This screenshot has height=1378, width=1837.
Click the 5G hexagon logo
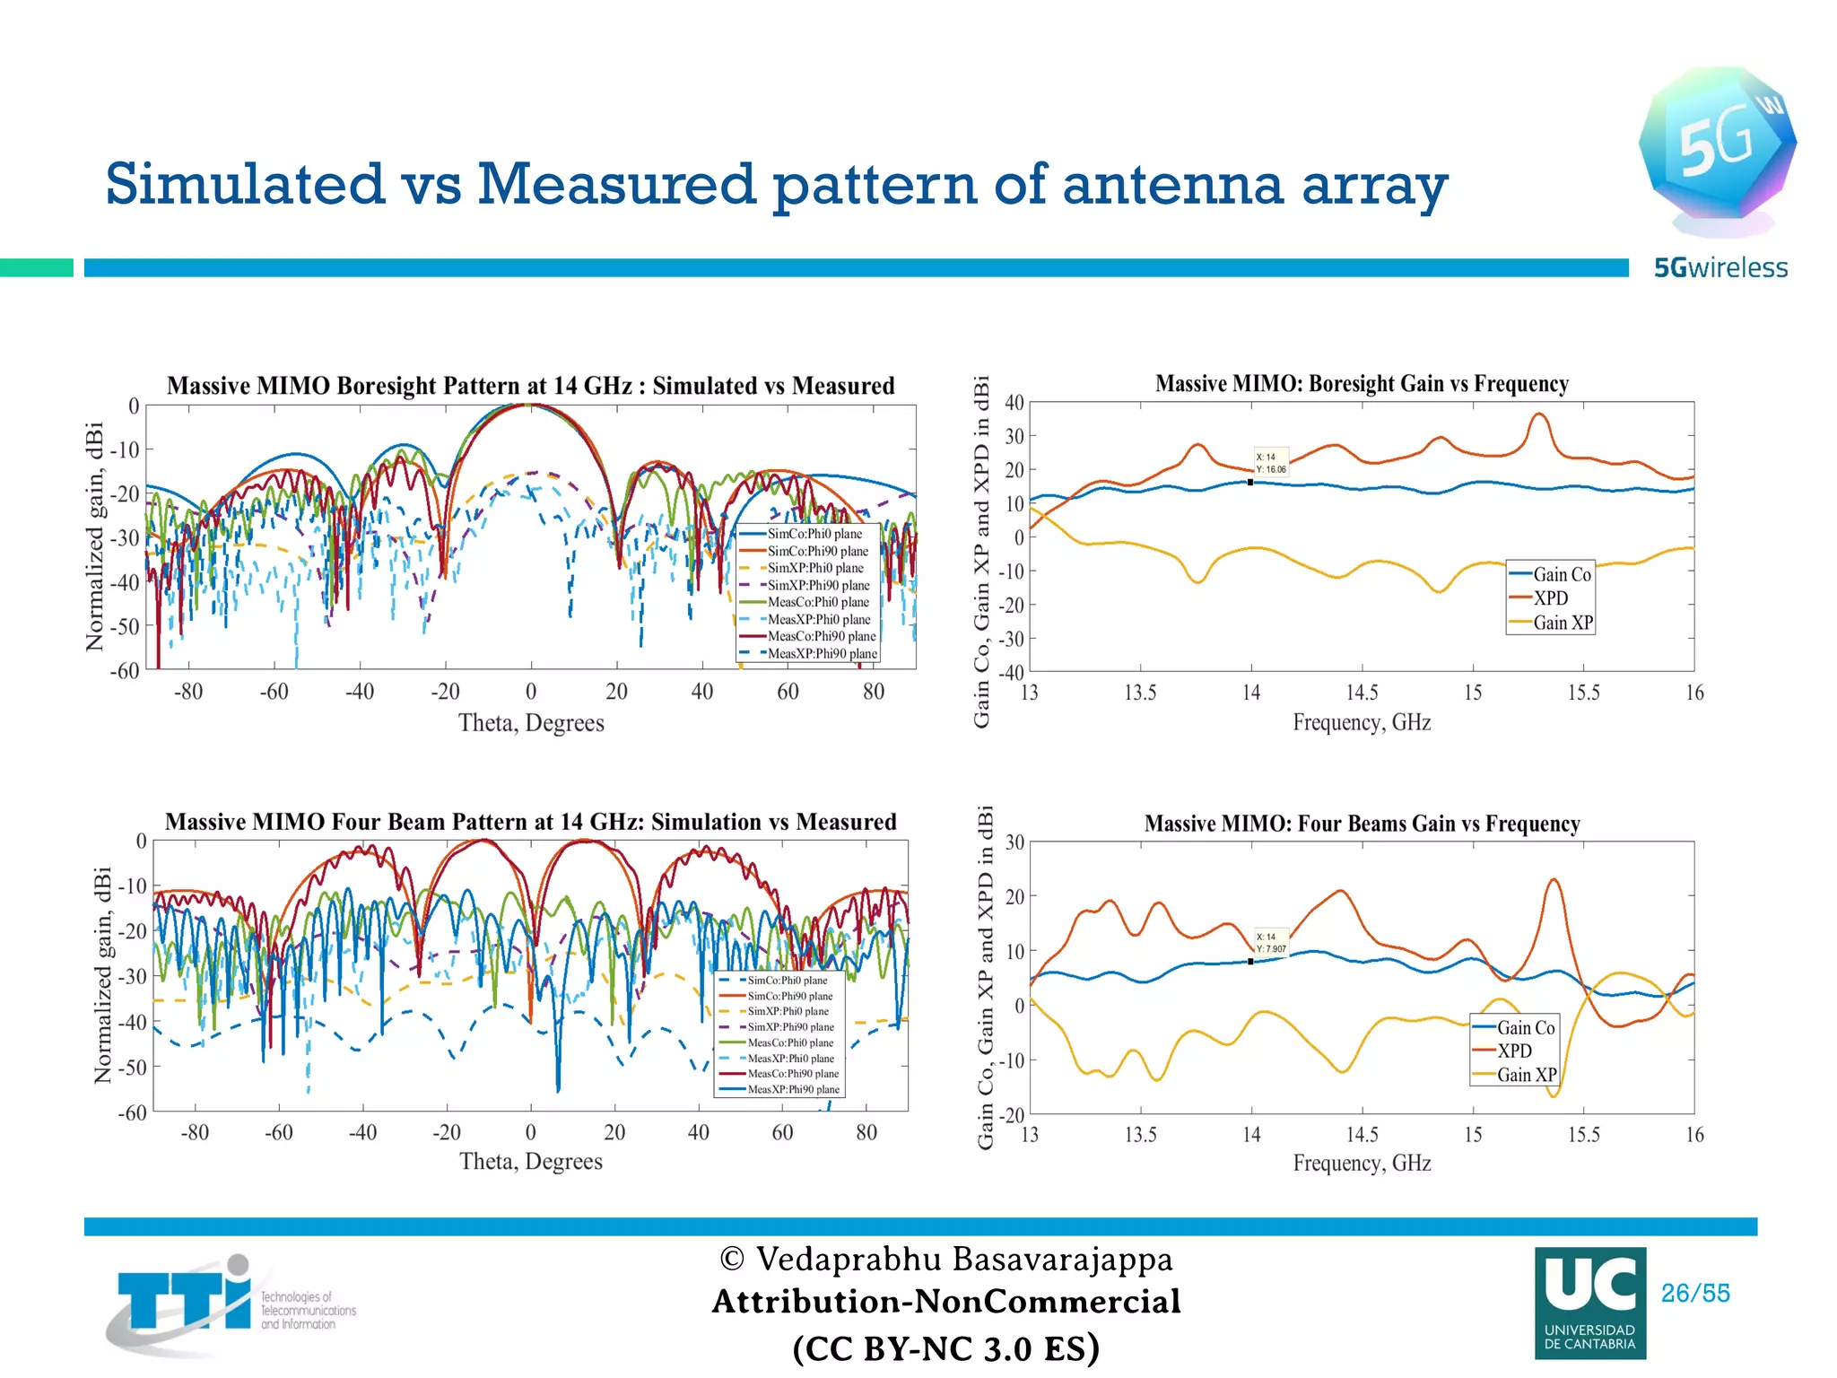[1716, 144]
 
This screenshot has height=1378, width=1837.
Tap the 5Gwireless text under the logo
[1719, 267]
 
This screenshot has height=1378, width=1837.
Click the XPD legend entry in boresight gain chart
[1550, 598]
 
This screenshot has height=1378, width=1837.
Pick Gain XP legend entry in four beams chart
[1526, 1075]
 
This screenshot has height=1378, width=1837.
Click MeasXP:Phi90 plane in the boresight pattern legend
[821, 653]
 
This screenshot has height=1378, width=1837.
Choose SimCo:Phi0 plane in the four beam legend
[787, 980]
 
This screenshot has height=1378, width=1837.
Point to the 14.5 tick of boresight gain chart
[1361, 693]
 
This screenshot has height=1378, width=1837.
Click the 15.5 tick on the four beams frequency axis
[1583, 1135]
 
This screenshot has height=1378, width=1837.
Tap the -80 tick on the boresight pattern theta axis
[188, 692]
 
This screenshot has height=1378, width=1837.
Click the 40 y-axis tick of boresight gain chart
[1014, 403]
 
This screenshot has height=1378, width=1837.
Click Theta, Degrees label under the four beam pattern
[531, 1162]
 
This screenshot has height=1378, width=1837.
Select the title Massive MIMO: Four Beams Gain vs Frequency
[1361, 824]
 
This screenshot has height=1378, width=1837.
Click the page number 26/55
[1694, 1293]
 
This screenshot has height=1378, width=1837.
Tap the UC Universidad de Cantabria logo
[1589, 1303]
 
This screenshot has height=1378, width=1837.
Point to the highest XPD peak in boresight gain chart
[1539, 414]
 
